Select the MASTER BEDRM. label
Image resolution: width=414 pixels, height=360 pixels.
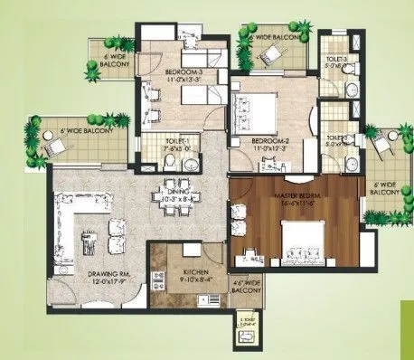point(299,198)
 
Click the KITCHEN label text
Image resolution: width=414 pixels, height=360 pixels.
point(195,271)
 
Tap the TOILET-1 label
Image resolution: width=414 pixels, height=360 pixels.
point(178,142)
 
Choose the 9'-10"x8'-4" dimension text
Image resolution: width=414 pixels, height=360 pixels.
point(196,280)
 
